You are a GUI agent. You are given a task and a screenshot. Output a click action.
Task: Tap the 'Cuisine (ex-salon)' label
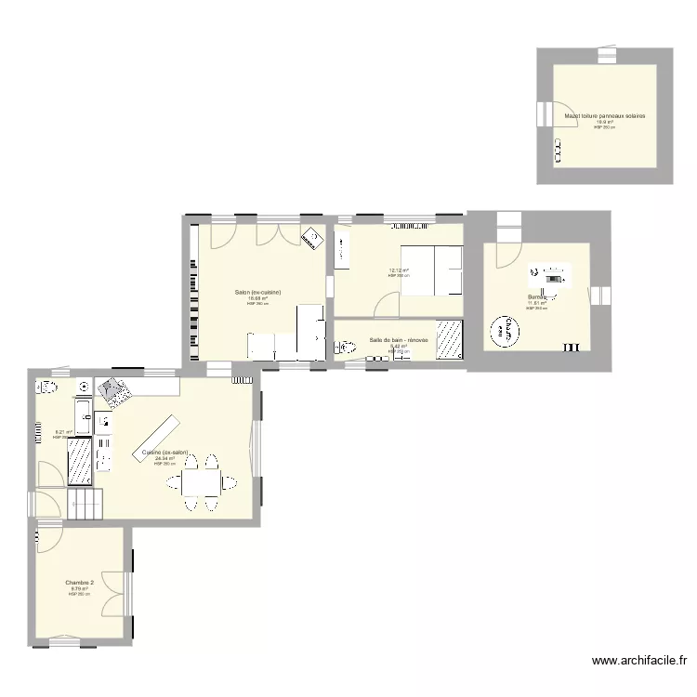(x=165, y=453)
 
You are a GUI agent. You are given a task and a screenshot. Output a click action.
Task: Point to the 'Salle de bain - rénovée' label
(x=399, y=340)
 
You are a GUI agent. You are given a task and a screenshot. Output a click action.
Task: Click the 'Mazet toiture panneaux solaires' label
(x=604, y=116)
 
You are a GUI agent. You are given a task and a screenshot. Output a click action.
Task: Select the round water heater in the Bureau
(x=506, y=330)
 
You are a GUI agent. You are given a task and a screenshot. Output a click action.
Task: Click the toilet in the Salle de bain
(x=347, y=348)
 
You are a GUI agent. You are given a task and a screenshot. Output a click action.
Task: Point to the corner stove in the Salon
(x=313, y=237)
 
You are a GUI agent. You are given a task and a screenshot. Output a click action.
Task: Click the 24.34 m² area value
(x=165, y=458)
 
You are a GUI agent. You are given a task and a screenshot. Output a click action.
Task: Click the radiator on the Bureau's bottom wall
(x=571, y=348)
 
